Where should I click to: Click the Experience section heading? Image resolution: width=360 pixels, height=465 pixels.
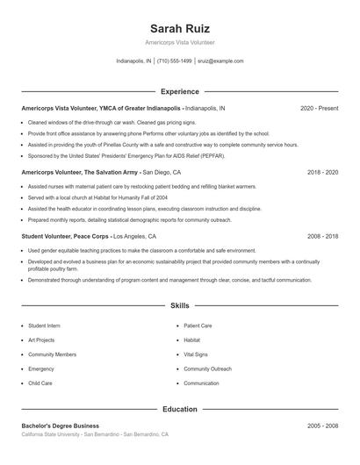180,91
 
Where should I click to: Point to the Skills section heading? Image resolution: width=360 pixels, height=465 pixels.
180,306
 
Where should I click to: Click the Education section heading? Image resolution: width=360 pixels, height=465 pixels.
180,409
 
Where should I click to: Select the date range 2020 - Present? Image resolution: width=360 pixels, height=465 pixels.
319,108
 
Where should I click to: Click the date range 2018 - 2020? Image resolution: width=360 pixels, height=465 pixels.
322,172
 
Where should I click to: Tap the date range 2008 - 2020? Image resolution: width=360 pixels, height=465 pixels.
322,236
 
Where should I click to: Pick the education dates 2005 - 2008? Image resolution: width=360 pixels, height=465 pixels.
322,426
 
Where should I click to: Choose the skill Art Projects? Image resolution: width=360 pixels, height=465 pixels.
41,340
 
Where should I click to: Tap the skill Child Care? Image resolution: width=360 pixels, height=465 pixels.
40,383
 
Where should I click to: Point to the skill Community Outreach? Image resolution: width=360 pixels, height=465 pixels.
207,369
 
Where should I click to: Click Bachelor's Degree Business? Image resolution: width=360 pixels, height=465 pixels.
62,426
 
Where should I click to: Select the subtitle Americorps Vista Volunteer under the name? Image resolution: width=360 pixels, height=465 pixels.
180,42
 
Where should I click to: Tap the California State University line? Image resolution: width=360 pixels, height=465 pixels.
95,434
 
